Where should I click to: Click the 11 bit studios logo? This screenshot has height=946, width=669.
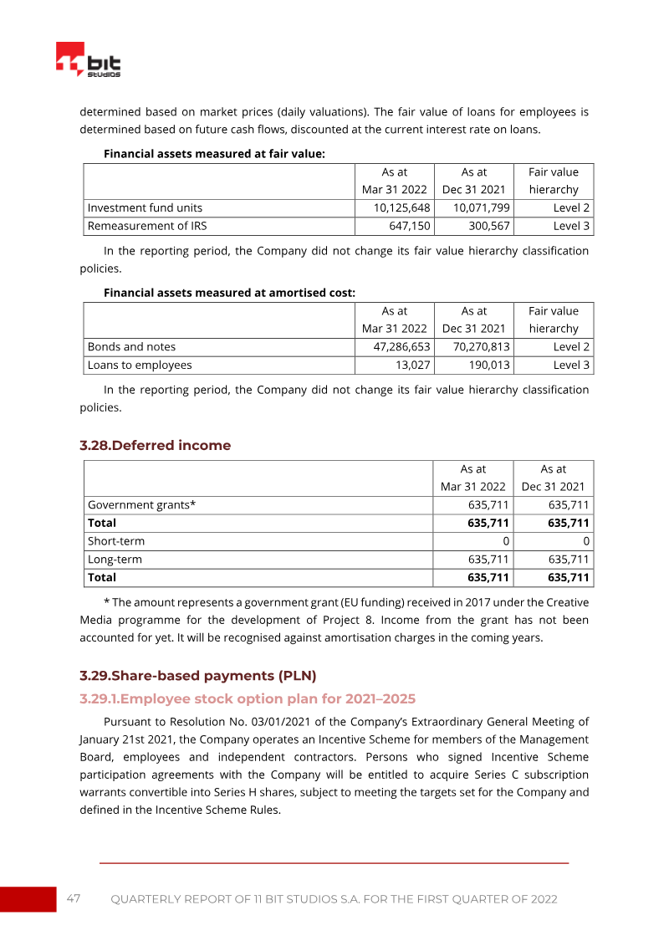tap(88, 61)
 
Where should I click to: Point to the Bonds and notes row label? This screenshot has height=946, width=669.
tap(131, 346)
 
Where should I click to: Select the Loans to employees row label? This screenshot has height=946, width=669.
tap(140, 365)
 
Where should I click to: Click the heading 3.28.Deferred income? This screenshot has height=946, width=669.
tap(155, 446)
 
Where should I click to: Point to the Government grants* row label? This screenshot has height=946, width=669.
tap(141, 504)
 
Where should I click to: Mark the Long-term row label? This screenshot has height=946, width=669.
tap(115, 559)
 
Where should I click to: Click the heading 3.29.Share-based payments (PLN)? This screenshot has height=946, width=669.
tap(197, 675)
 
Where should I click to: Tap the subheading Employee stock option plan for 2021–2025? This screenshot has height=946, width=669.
tap(248, 698)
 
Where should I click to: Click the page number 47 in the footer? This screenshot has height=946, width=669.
tap(74, 898)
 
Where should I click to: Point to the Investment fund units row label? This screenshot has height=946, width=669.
tap(145, 207)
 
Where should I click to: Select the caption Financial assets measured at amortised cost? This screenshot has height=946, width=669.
tap(229, 293)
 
